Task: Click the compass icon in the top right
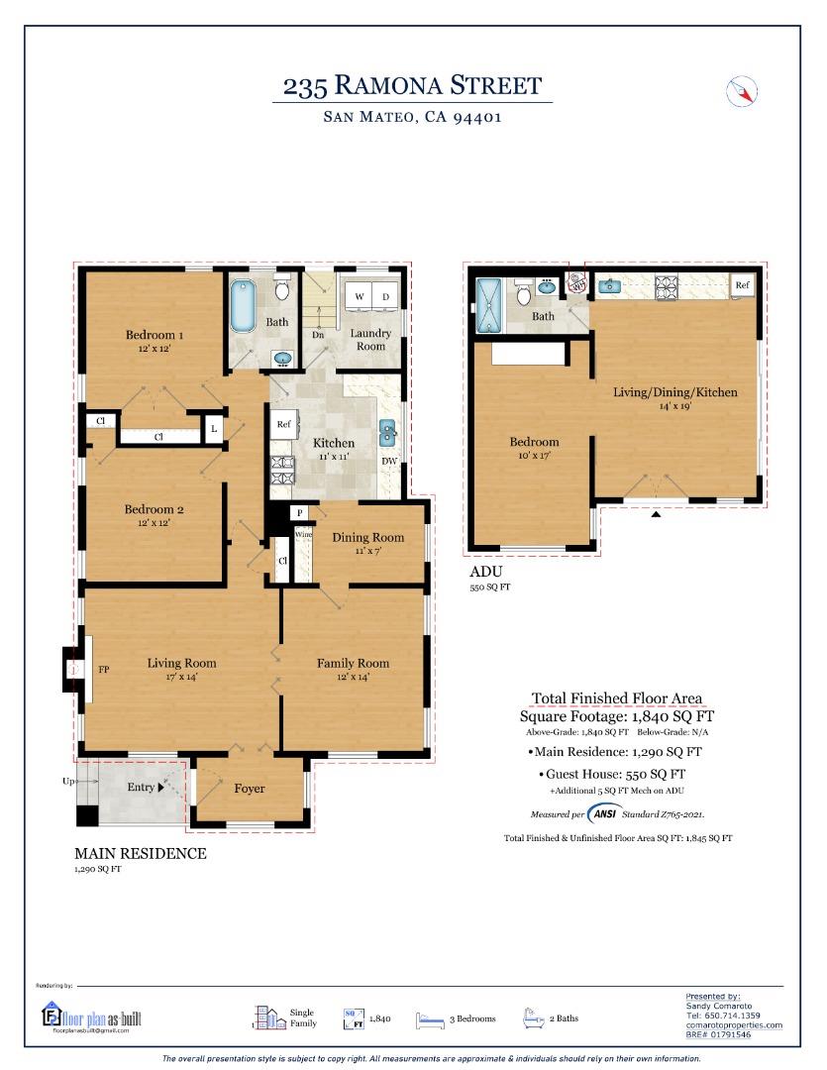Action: [x=742, y=91]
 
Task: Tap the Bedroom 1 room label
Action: [x=155, y=335]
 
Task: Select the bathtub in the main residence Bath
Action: [x=243, y=307]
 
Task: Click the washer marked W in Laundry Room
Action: [x=360, y=297]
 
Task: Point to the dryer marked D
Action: [x=385, y=297]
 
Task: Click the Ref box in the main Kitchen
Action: [x=283, y=423]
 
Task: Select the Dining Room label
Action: [x=367, y=537]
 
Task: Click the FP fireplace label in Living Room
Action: [x=103, y=670]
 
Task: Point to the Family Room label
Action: [x=353, y=663]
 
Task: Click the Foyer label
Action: [x=249, y=789]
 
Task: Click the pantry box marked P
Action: [x=299, y=512]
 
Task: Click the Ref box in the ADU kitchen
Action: [x=742, y=285]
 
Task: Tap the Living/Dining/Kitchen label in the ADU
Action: [x=674, y=392]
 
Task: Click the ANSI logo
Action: [x=603, y=814]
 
